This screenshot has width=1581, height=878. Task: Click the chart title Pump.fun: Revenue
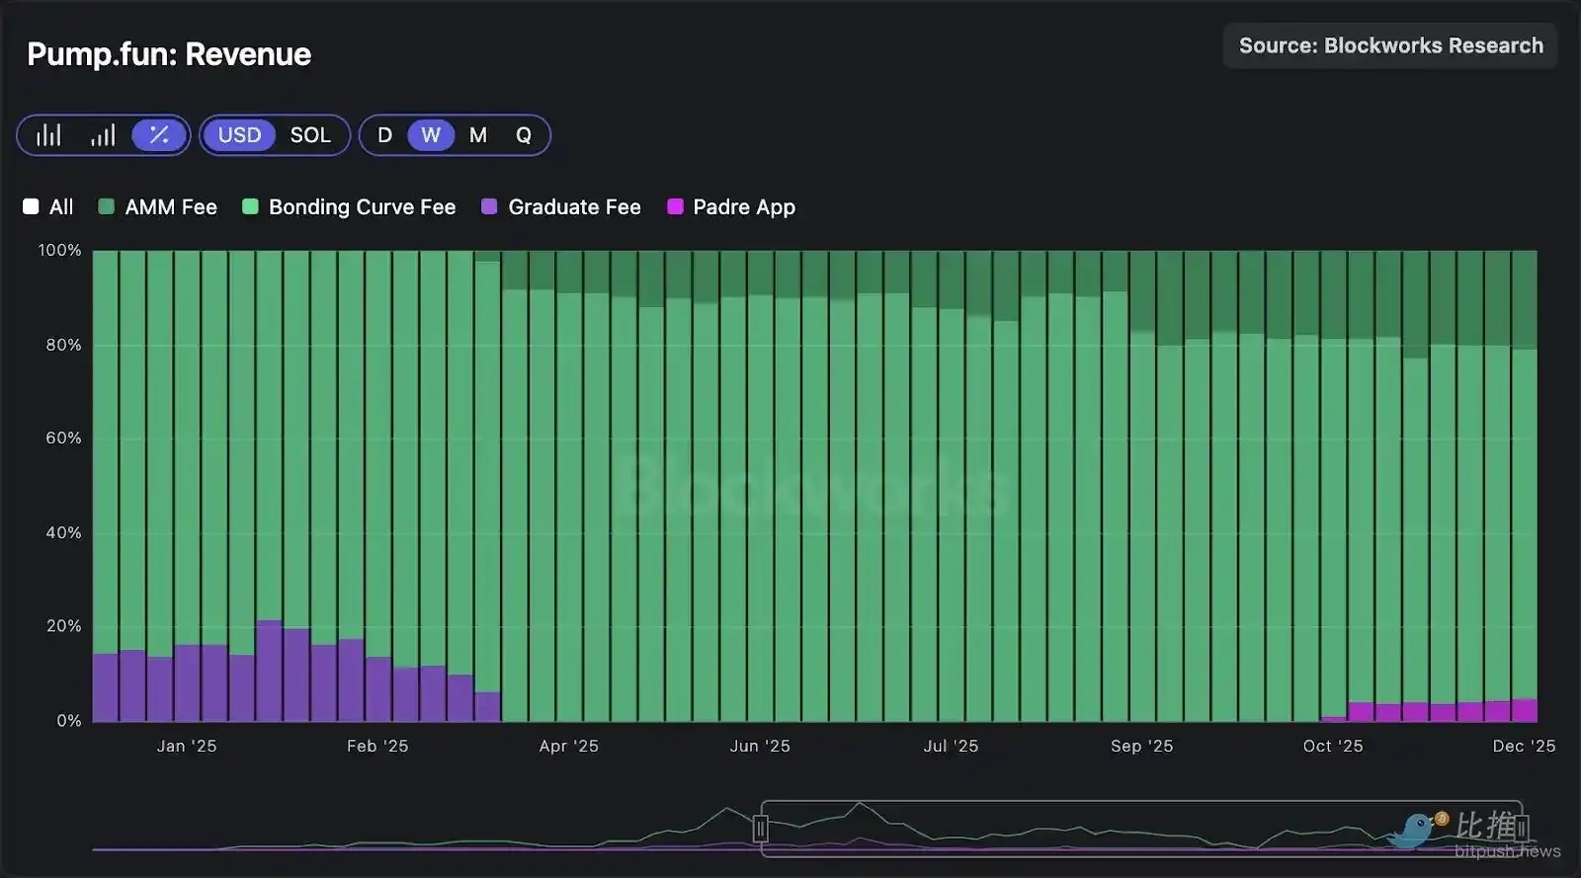169,54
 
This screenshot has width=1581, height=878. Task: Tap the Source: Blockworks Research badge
1390,45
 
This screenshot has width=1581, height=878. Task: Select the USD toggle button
239,135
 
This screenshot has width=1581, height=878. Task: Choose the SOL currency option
310,135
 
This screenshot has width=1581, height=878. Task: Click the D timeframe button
384,135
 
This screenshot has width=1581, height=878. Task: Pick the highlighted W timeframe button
431,135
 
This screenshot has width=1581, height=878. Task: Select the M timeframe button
478,135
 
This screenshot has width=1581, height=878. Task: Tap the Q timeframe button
524,135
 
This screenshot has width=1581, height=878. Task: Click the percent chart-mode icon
159,135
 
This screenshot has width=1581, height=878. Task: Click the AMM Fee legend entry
158,207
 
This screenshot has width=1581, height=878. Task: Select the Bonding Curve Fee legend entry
350,207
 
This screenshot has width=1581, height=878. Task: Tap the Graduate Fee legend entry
561,207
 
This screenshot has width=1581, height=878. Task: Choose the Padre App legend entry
731,207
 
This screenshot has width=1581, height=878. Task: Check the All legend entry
48,207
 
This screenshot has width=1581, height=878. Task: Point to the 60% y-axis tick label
63,438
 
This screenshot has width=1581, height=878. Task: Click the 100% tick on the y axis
59,251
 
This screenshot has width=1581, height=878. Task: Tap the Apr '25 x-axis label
569,746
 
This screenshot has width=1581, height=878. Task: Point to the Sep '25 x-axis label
1141,746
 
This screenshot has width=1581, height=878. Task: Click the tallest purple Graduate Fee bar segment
269,672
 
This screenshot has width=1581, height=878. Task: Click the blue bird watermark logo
1415,832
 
